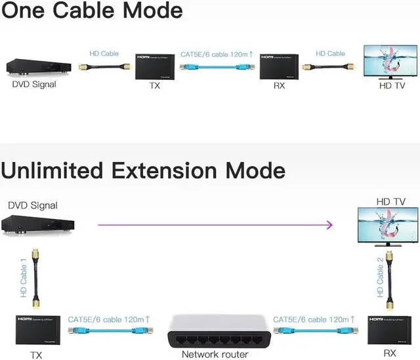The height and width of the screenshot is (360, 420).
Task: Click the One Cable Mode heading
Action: (x=92, y=11)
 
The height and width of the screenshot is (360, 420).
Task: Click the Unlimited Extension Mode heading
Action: (x=143, y=170)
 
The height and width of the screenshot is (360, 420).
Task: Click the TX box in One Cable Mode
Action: (x=155, y=67)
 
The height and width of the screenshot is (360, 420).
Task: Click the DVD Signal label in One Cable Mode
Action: (x=34, y=84)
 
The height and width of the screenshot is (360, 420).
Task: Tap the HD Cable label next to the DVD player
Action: (x=104, y=53)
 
